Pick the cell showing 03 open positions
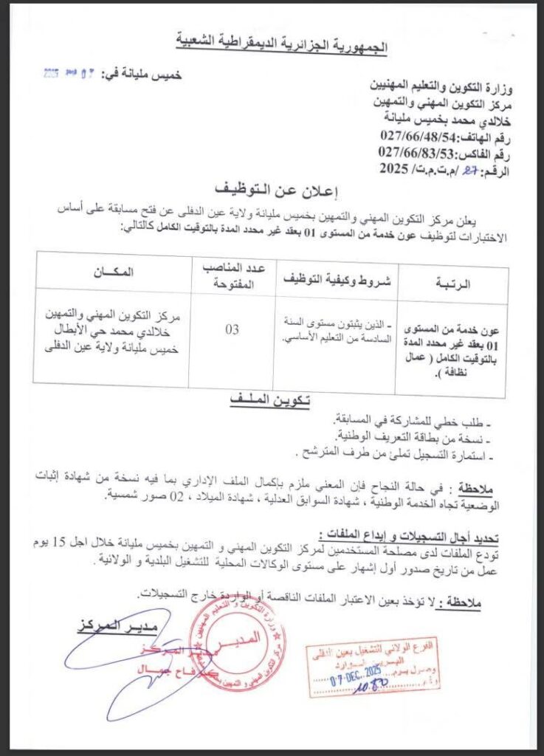[232, 330]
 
